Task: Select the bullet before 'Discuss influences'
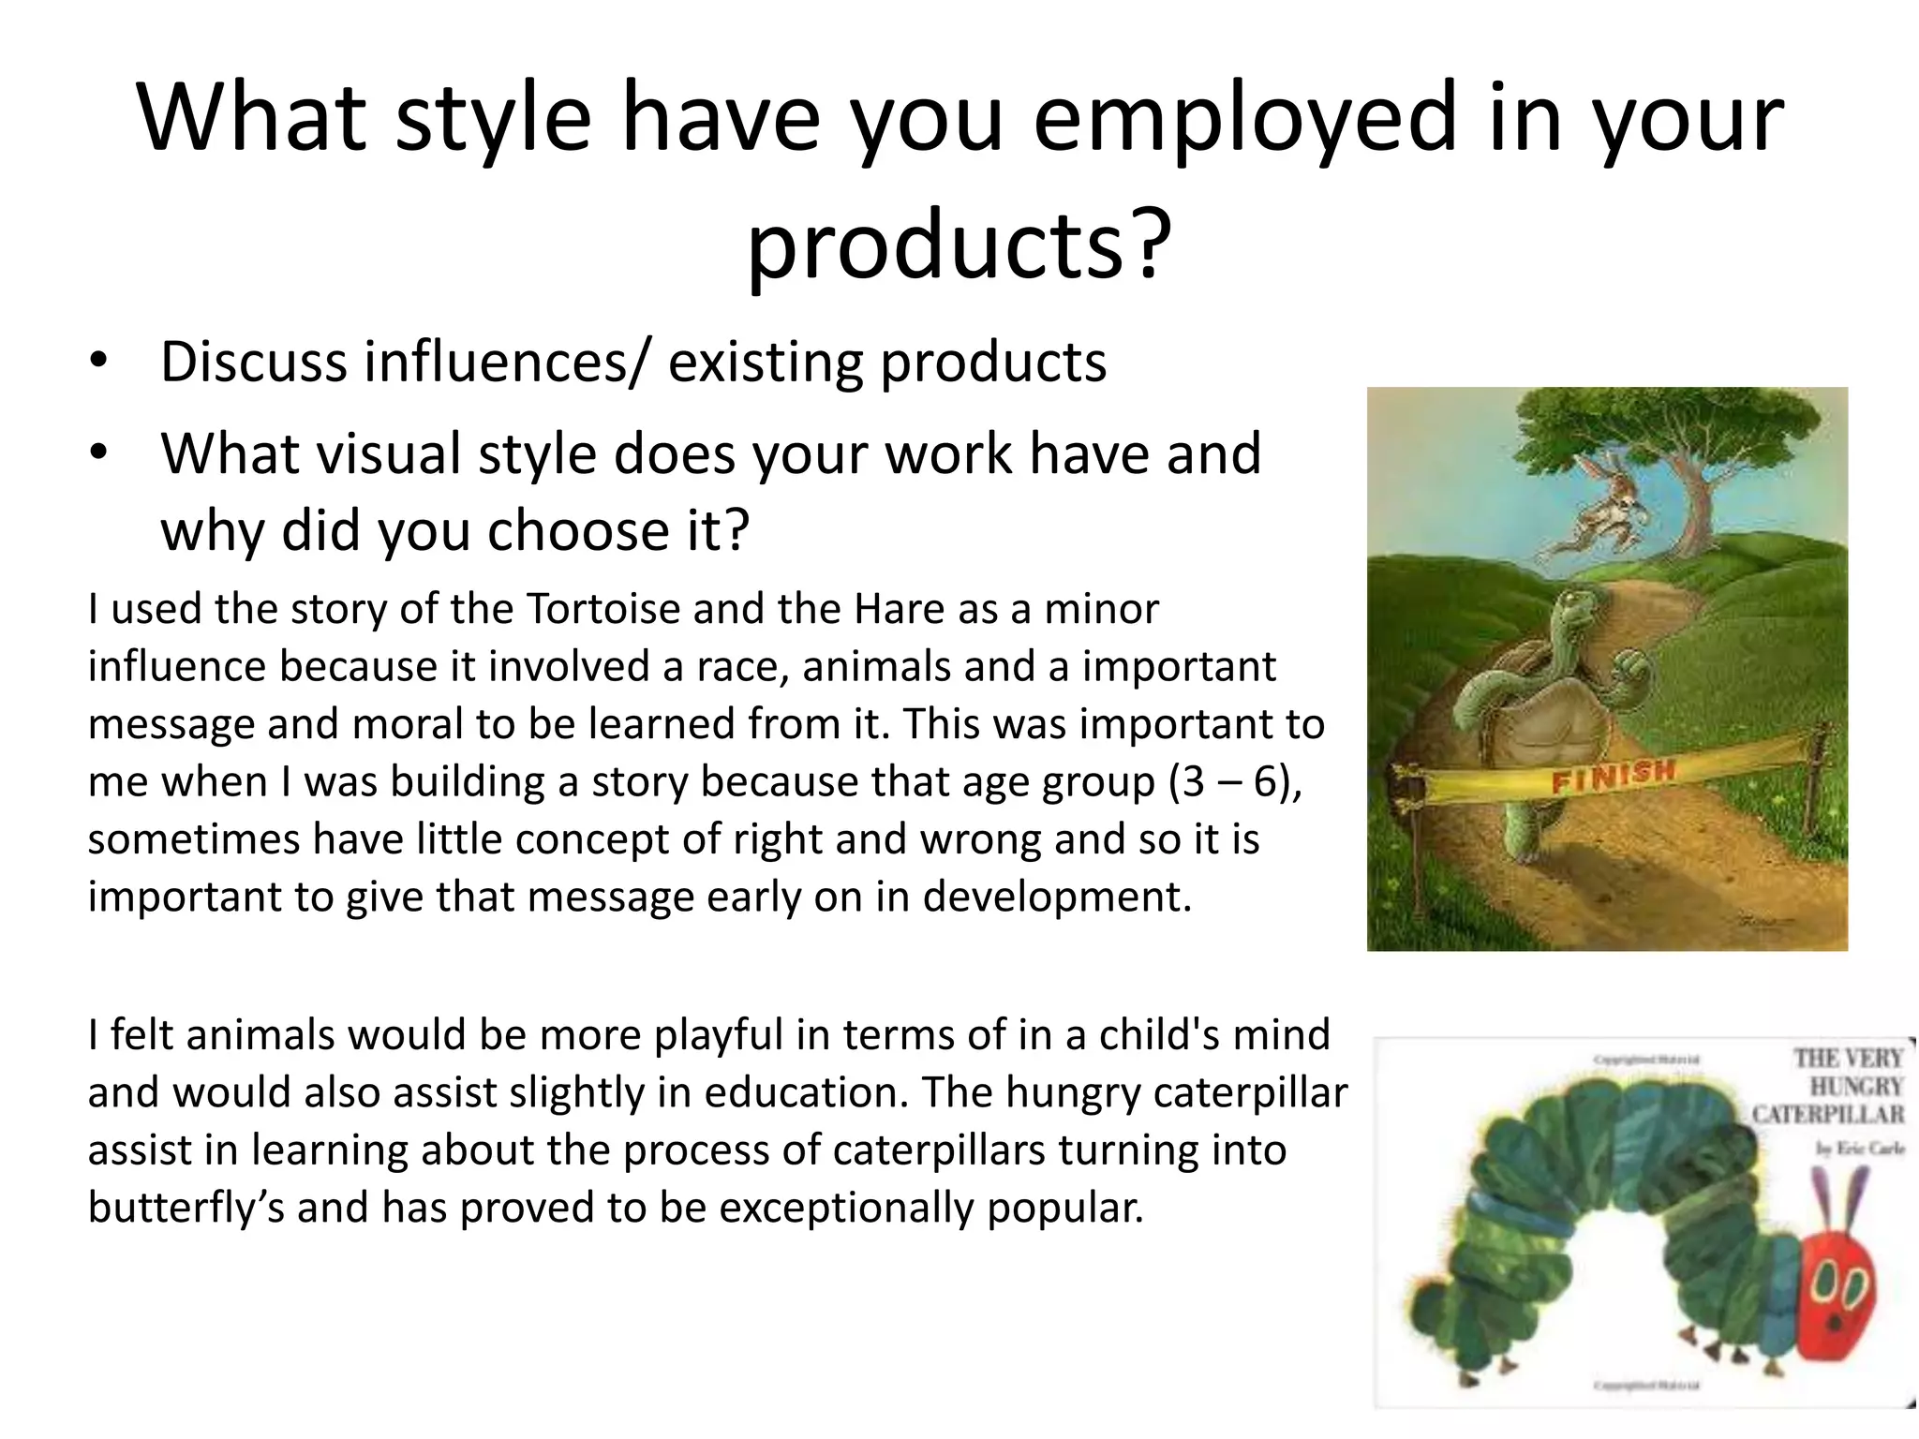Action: (99, 362)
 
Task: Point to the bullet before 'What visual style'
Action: (99, 453)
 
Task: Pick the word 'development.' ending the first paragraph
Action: (1057, 898)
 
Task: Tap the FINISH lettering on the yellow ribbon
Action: (1612, 776)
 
